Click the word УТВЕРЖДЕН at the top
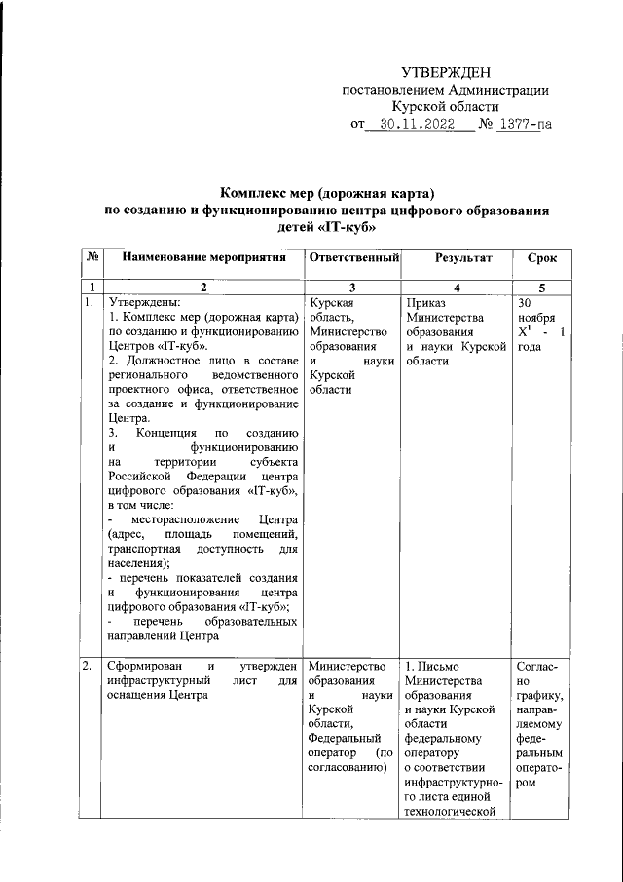coord(446,72)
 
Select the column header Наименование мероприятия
coord(203,258)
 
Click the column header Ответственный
coord(354,258)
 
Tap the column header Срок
coord(542,258)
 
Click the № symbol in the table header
coord(92,258)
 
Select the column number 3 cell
coord(352,287)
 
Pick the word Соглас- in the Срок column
coord(538,666)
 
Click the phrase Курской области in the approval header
coord(445,107)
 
